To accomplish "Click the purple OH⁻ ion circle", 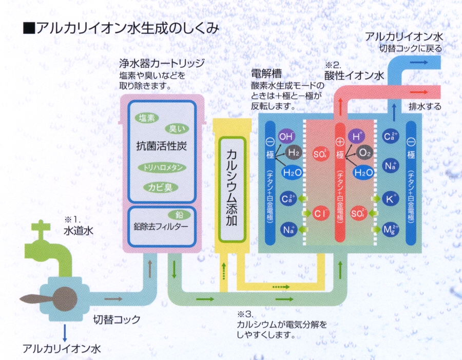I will [x=286, y=137].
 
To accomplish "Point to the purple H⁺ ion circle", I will [x=356, y=137].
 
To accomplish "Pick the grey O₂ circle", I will [x=365, y=153].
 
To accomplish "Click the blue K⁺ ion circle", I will [x=391, y=198].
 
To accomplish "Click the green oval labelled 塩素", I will [x=147, y=118].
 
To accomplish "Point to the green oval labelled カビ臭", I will [x=161, y=187].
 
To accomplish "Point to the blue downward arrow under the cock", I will [x=64, y=332].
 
